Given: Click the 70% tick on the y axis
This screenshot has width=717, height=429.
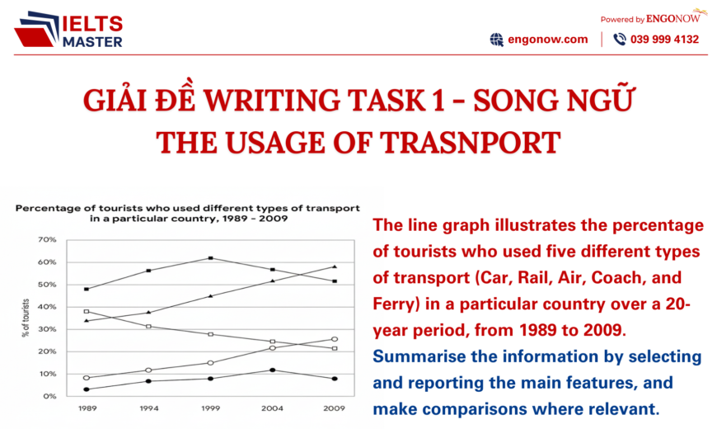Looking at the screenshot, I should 46,240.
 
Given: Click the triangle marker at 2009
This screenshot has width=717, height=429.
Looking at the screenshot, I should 334,266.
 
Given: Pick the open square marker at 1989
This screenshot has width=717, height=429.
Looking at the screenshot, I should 87,312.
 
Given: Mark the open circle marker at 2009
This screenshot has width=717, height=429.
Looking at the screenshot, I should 334,339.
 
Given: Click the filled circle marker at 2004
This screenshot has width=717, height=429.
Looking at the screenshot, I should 272,370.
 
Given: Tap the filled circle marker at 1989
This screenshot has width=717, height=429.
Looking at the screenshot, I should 87,389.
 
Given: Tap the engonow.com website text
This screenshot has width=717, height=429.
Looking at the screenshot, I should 548,39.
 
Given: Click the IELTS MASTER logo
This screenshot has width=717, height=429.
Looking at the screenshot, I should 70,31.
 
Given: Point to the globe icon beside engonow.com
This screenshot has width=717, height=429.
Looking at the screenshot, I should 496,39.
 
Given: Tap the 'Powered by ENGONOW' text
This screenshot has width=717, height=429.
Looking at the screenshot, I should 651,16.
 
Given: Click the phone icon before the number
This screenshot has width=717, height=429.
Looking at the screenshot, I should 619,39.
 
